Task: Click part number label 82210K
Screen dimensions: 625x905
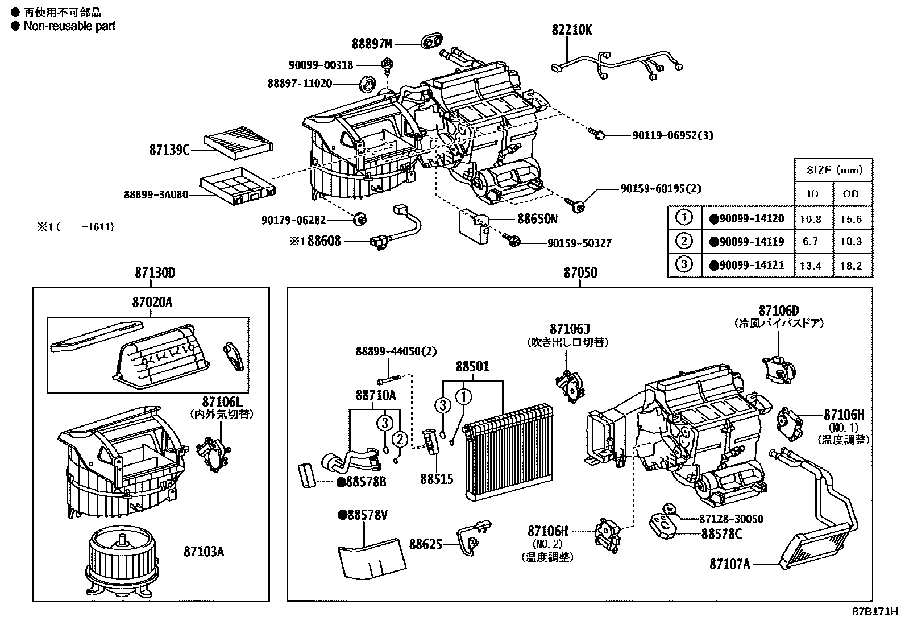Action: (x=571, y=30)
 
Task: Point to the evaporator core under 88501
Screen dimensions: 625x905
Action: (x=508, y=452)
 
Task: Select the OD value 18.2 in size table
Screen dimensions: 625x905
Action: (x=851, y=265)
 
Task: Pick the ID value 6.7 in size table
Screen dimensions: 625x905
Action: (x=810, y=241)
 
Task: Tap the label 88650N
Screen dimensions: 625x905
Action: (x=537, y=218)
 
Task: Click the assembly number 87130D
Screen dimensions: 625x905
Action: (x=155, y=273)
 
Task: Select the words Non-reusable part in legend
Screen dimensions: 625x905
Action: (x=69, y=26)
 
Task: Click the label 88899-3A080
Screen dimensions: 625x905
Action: (x=156, y=194)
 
